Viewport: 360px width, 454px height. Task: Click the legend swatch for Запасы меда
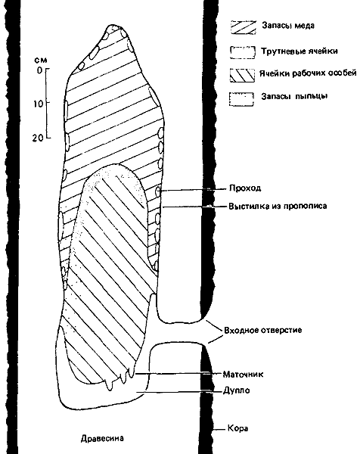coord(243,27)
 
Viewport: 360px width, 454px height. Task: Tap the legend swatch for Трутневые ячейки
coord(243,52)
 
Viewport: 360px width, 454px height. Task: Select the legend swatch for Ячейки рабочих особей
coord(242,75)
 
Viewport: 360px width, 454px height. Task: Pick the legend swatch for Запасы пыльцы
coord(241,99)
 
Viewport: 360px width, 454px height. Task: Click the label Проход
coord(245,188)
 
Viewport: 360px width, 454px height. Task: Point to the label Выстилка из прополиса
coord(278,206)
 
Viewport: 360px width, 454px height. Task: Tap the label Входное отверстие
coord(263,330)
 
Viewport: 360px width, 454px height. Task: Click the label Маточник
coord(243,374)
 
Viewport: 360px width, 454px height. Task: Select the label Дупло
coord(237,390)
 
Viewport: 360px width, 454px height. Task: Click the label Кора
coord(238,428)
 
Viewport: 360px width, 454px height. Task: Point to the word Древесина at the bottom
coord(102,438)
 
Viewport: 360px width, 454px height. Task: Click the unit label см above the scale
coord(41,61)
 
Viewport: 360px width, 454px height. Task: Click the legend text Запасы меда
coord(288,26)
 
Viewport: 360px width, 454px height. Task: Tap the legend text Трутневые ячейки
coord(299,51)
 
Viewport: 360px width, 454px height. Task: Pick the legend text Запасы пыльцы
coord(294,96)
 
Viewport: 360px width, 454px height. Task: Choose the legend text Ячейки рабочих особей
coord(308,73)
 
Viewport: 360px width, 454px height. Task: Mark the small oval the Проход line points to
coord(158,191)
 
